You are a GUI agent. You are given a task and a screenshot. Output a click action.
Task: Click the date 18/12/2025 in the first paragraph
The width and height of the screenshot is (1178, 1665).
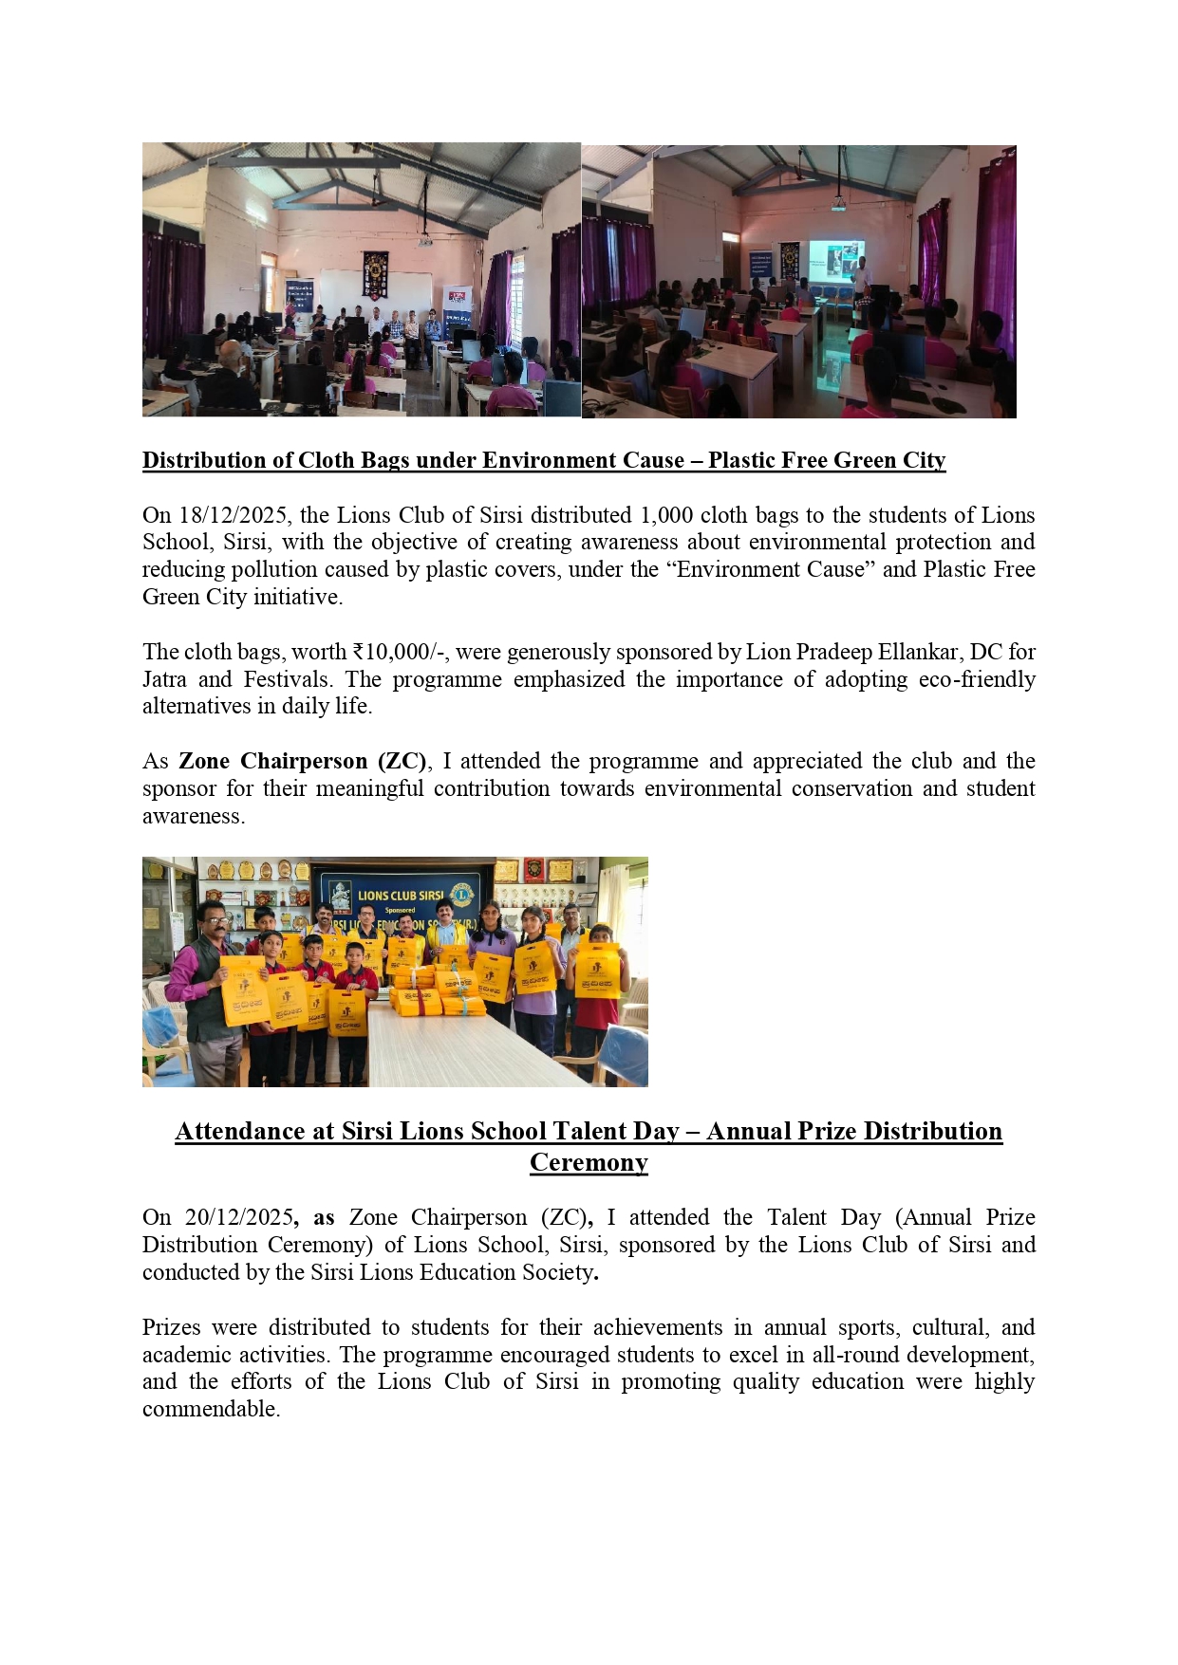[x=234, y=516]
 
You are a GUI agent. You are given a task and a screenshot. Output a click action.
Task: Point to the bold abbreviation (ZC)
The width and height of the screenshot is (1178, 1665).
[x=402, y=762]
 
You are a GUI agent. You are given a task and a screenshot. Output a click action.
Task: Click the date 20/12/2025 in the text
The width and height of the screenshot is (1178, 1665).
[x=240, y=1218]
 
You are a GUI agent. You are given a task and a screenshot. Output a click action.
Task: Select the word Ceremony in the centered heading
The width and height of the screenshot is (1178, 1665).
[x=589, y=1163]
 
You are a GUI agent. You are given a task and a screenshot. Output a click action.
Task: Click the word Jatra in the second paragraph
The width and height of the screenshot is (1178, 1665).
[x=164, y=680]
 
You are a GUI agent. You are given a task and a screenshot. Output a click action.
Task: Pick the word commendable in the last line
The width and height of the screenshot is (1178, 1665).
[x=210, y=1410]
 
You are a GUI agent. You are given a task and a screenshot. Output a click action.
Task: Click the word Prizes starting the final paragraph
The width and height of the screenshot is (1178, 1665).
[x=171, y=1328]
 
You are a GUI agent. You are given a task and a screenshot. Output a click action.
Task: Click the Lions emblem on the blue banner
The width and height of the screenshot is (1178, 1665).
[x=462, y=894]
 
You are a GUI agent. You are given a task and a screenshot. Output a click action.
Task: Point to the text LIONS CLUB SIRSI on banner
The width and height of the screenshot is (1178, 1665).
[x=401, y=896]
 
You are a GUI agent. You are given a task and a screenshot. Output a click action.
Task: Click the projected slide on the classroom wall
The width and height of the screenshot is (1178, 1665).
[x=835, y=261]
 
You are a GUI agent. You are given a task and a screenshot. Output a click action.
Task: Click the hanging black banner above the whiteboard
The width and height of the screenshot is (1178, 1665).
[x=375, y=272]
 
